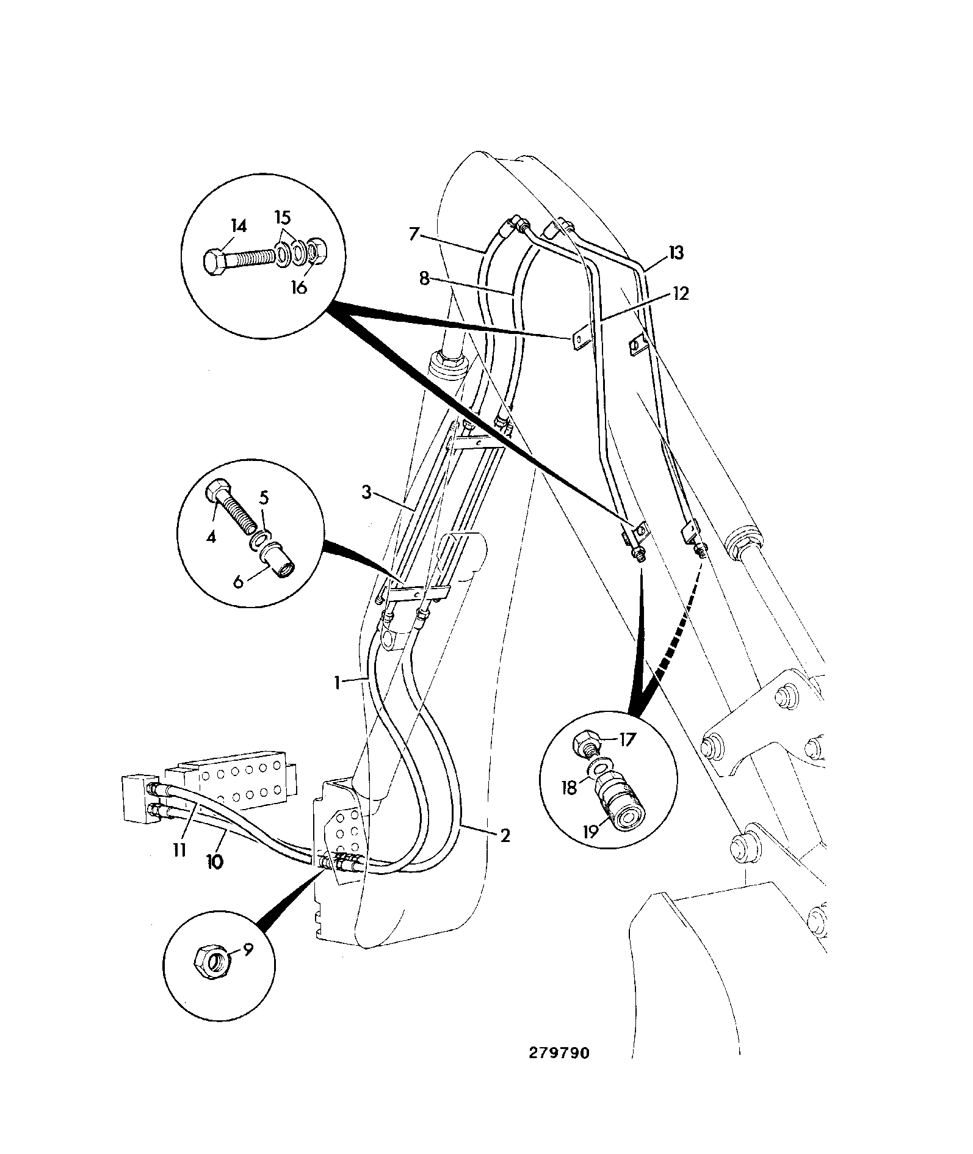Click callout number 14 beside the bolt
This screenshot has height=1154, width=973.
point(239,227)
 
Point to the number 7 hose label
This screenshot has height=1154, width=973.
point(414,234)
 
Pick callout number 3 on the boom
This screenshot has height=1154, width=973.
point(366,493)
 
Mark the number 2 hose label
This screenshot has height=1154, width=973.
point(505,836)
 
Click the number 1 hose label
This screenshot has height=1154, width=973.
point(338,683)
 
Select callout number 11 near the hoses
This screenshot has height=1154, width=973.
point(178,851)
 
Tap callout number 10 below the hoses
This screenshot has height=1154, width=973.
point(215,862)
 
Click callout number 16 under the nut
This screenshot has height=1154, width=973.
point(298,287)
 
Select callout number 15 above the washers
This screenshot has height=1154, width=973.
point(283,218)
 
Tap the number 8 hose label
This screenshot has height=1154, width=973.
point(425,280)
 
